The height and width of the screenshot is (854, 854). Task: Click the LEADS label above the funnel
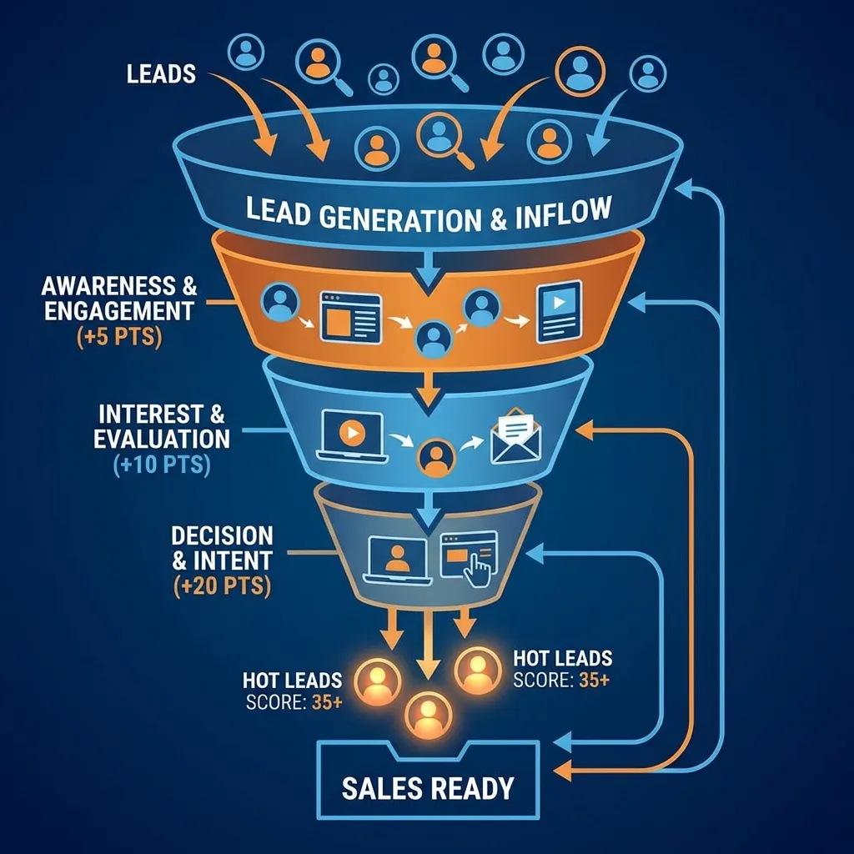162,73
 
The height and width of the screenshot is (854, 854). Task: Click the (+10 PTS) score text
161,464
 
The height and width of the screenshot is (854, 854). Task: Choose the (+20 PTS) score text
221,586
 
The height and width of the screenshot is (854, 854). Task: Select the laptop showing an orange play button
350,436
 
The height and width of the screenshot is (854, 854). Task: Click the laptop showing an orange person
397,559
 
